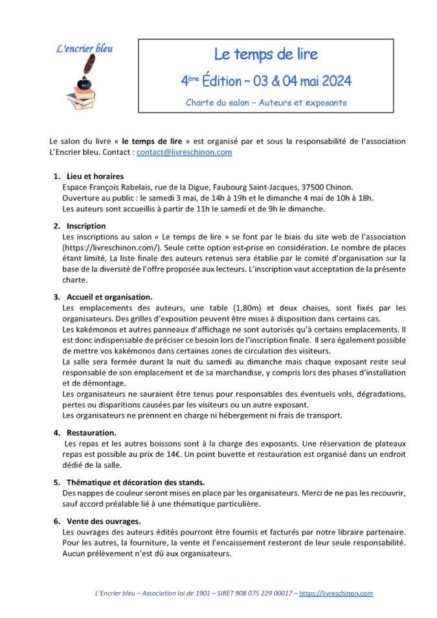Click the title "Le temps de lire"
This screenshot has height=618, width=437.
[266, 54]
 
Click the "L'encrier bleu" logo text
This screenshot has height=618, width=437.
[85, 49]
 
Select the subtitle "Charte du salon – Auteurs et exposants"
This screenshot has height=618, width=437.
[266, 102]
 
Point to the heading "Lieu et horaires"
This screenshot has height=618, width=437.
[95, 176]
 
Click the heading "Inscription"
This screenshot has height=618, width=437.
[86, 226]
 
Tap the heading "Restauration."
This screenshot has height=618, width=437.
[92, 432]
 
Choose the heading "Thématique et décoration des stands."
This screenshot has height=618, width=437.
[135, 482]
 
